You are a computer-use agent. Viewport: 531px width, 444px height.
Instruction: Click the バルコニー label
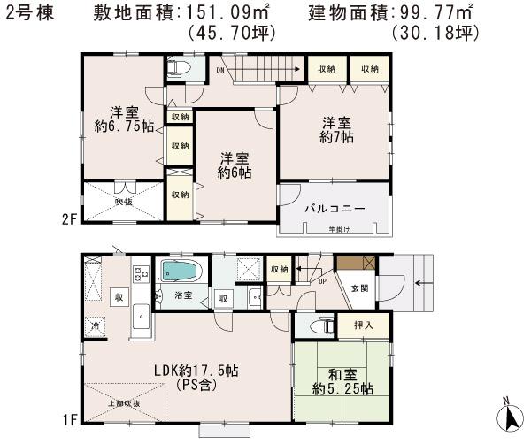click(335, 210)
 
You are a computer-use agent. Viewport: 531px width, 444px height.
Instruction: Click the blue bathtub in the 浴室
click(182, 270)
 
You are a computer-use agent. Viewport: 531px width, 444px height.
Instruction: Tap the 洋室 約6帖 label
click(235, 165)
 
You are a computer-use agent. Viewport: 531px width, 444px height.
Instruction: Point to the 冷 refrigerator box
click(95, 326)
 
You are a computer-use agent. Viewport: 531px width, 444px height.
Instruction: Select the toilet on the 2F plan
click(176, 68)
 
